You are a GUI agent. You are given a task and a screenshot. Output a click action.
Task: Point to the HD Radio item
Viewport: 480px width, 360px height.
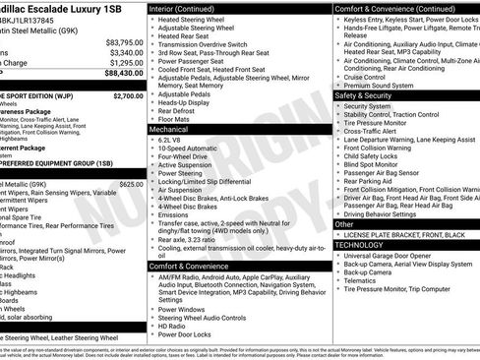pyautogui.click(x=173, y=326)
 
